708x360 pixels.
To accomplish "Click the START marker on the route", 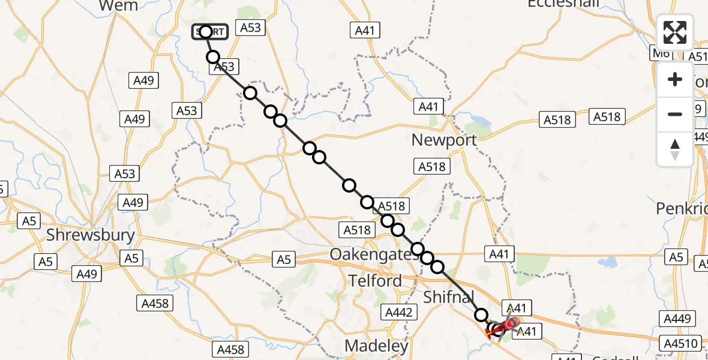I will point(209,32).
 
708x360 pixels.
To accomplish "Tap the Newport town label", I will point(444,140).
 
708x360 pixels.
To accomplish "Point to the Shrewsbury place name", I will point(91,235).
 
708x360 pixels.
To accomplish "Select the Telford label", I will point(375,280).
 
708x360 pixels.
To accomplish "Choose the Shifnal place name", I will point(449,296).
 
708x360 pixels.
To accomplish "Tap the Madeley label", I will point(377,346).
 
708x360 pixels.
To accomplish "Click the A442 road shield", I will point(399,312).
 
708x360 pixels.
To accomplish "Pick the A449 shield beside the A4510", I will point(677,319).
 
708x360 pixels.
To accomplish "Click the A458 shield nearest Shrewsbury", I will point(155,303).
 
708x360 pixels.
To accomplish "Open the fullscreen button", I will point(675,32).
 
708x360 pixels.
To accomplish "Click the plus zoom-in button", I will point(675,79).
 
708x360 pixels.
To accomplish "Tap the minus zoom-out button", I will point(675,114).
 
